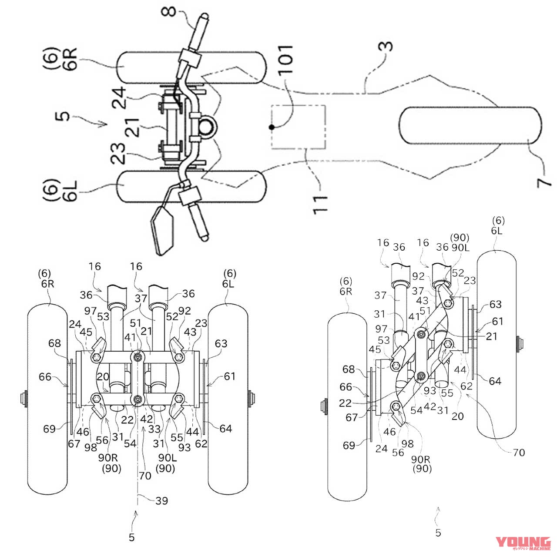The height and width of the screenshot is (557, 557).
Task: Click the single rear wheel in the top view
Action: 470,125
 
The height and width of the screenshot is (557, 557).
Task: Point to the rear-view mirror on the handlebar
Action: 162,231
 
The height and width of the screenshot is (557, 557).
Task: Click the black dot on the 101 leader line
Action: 272,127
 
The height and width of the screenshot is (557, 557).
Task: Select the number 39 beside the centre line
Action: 161,501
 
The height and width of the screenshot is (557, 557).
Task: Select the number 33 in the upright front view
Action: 154,429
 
